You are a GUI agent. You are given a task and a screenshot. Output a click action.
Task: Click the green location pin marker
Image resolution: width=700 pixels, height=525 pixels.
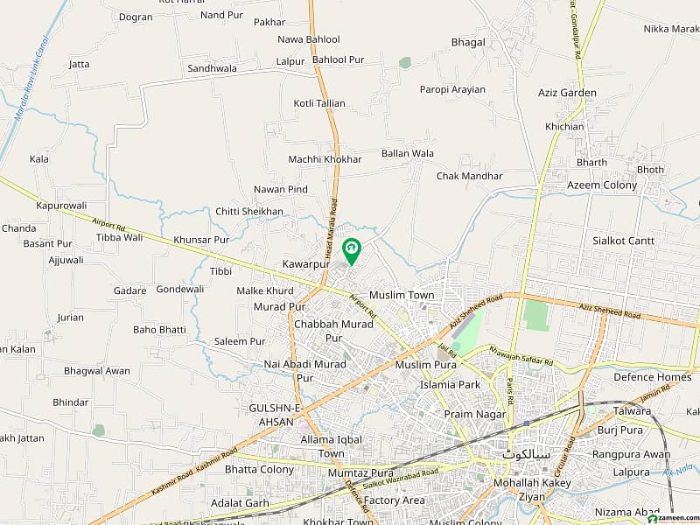click(x=351, y=251)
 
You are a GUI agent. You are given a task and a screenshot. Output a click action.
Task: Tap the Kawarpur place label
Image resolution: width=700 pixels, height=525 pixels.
click(x=306, y=263)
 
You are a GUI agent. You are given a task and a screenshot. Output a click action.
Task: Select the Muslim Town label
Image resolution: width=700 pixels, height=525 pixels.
click(x=402, y=295)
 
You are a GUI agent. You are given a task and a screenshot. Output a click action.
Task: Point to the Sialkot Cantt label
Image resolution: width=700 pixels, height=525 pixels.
click(x=624, y=241)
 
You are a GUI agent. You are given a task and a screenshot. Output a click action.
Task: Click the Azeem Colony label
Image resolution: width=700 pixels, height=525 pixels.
click(x=602, y=185)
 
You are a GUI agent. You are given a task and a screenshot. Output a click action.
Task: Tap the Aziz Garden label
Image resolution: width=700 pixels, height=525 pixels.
click(x=567, y=93)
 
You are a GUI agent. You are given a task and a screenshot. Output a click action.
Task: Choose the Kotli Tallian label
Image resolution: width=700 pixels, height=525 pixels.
click(x=319, y=103)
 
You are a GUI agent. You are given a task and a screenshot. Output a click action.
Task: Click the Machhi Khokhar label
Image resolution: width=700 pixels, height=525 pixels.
click(x=325, y=159)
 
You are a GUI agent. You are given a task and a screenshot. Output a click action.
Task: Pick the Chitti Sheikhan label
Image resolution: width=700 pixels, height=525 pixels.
click(x=249, y=212)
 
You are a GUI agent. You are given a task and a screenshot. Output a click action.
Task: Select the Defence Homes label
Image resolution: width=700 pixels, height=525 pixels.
click(x=652, y=377)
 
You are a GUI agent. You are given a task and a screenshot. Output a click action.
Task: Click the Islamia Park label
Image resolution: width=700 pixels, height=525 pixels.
click(x=450, y=384)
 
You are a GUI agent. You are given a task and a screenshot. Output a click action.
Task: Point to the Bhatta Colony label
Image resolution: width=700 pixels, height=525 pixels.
click(x=259, y=470)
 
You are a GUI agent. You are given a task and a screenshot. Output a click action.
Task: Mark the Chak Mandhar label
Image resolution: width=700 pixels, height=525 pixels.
click(x=470, y=176)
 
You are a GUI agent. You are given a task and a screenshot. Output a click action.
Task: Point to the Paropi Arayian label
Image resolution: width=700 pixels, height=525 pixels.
click(x=452, y=89)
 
